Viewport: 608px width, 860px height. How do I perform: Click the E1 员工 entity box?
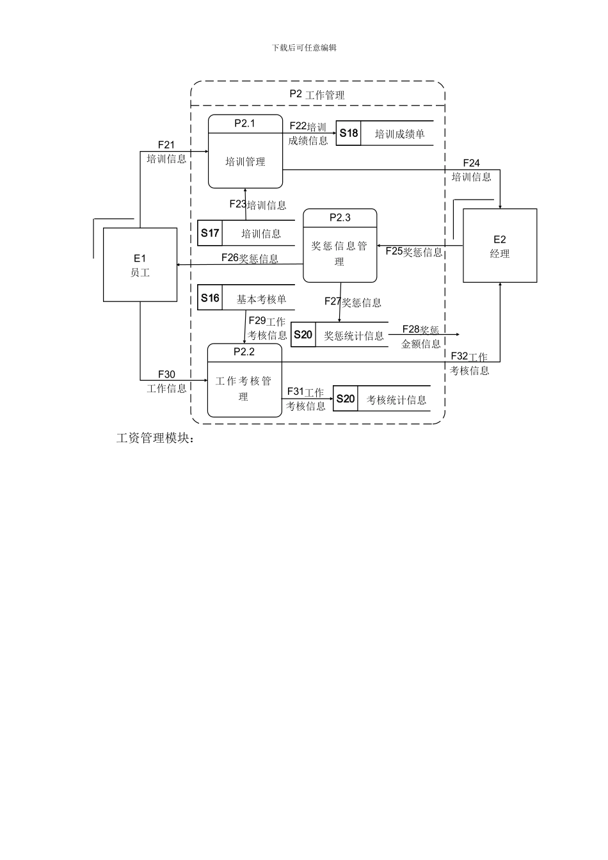pos(140,265)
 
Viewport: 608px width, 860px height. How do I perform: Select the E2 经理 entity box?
pos(500,246)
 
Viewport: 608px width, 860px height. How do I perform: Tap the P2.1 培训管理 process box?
pos(245,152)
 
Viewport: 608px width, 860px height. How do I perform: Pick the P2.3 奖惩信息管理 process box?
pos(340,246)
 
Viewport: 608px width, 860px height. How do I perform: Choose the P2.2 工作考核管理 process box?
pos(244,381)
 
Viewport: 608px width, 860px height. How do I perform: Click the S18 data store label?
pos(349,133)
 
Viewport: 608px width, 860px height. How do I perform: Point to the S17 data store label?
pos(210,233)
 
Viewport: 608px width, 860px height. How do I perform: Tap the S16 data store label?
pos(210,298)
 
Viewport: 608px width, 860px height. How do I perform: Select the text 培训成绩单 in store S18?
pos(399,134)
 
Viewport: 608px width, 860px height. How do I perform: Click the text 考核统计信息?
pos(396,400)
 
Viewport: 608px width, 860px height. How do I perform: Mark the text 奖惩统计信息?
pos(353,335)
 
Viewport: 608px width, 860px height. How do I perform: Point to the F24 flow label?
pos(472,164)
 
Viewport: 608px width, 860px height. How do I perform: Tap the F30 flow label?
pos(166,375)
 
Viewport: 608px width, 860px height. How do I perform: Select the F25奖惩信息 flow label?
pos(414,252)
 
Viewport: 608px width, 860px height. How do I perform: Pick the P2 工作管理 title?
pos(317,95)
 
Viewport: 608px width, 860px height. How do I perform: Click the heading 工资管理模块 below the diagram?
pos(154,438)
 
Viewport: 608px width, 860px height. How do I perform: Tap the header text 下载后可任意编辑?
pos(304,47)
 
